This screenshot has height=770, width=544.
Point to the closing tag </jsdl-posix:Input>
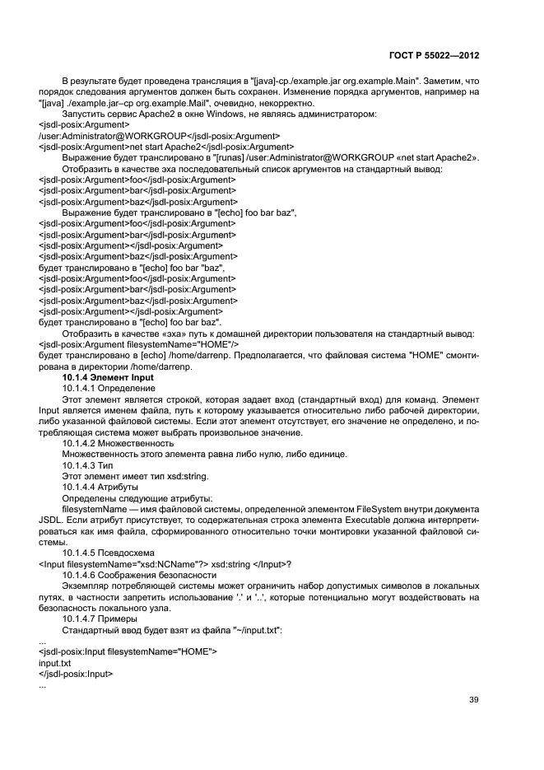(x=76, y=673)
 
